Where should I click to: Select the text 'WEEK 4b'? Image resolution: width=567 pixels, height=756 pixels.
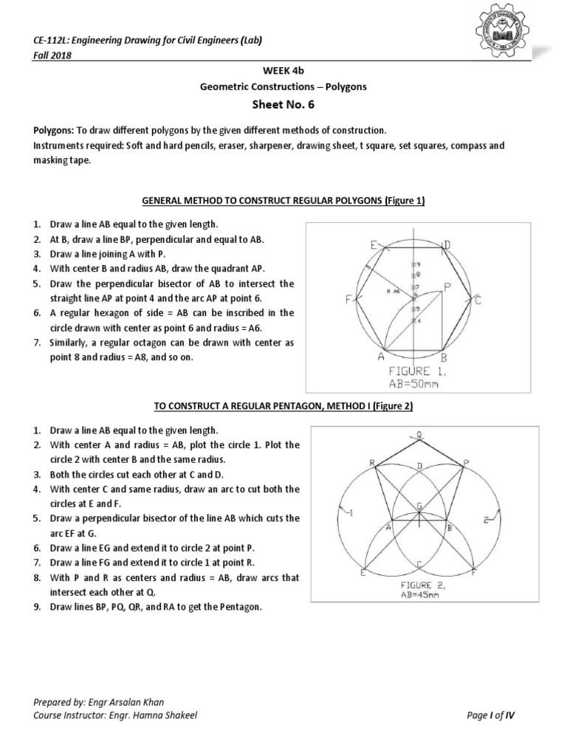(283, 72)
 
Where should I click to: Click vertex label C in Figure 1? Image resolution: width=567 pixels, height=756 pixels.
(478, 300)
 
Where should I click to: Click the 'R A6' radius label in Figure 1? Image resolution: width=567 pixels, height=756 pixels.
(394, 292)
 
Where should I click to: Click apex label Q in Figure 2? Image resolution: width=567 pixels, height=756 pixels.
(419, 436)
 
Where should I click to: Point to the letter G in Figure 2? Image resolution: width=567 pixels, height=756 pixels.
(419, 506)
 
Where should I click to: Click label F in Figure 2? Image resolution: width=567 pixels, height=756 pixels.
(474, 573)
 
